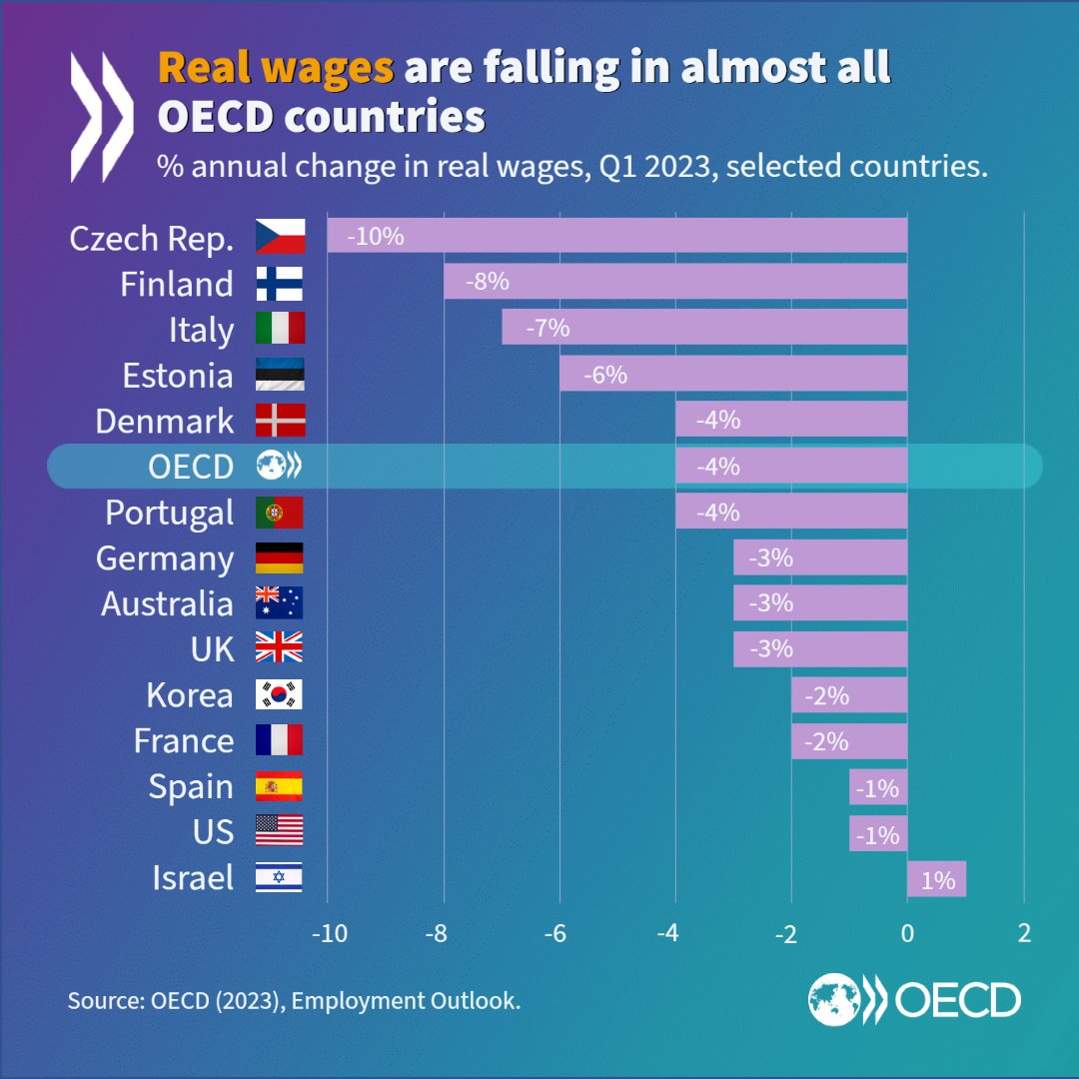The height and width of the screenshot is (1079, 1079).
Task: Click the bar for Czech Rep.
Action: (616, 237)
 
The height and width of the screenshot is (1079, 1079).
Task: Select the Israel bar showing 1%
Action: (936, 879)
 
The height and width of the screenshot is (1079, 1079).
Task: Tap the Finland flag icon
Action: (280, 284)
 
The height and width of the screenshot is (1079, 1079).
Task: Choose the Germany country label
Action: (165, 558)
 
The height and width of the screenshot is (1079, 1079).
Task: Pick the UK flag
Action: (279, 649)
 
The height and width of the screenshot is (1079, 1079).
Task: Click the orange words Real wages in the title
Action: (276, 68)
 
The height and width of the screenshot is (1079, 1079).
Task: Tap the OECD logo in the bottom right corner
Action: (914, 998)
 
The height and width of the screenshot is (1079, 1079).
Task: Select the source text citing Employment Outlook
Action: (294, 1000)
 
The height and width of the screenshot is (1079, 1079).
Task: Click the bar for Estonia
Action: (732, 375)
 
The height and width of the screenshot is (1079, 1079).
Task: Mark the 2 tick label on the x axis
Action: (1023, 934)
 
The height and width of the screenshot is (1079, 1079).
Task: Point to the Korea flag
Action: (279, 695)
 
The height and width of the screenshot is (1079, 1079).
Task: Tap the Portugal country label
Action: (170, 513)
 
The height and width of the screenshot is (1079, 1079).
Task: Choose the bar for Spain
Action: (878, 787)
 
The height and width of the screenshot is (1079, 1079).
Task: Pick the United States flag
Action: (279, 831)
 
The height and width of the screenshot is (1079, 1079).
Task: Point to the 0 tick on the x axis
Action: (907, 934)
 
